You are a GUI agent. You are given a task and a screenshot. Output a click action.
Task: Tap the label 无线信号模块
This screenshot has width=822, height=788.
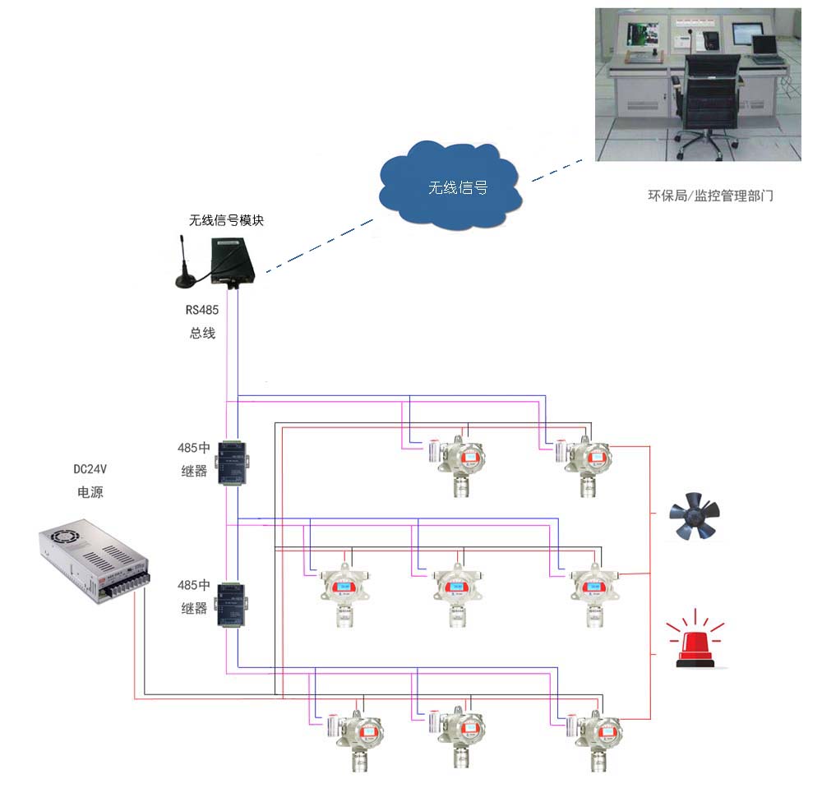[227, 220]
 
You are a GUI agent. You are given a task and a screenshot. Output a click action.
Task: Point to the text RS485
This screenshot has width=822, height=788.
[202, 311]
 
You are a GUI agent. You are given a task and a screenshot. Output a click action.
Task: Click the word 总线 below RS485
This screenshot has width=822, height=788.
[202, 334]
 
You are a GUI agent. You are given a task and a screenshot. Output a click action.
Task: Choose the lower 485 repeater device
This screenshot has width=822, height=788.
[233, 603]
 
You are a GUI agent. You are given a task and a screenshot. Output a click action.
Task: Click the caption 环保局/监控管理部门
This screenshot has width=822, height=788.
[709, 196]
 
